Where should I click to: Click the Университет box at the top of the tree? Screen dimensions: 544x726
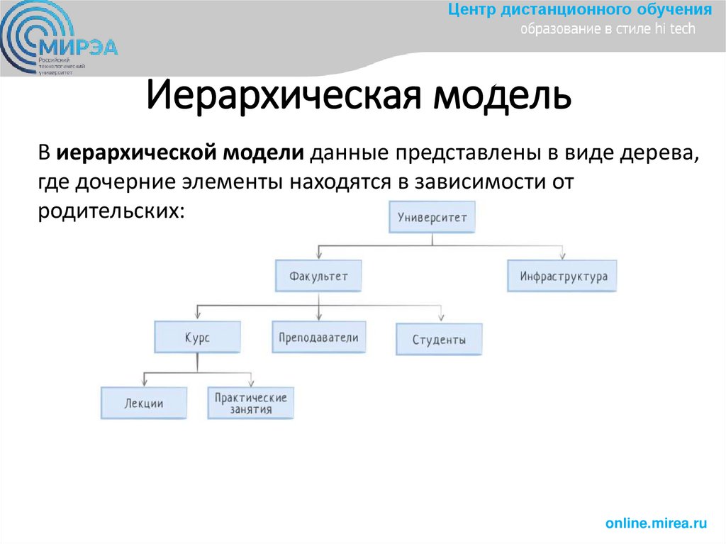click(x=432, y=218)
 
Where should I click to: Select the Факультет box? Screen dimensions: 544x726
click(x=318, y=276)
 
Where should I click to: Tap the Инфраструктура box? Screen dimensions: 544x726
click(x=562, y=277)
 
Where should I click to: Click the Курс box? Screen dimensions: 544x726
click(x=197, y=338)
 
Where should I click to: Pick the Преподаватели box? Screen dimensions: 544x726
click(x=318, y=338)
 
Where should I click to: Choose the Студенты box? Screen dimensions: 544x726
click(x=439, y=340)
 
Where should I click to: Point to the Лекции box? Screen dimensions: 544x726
click(x=144, y=404)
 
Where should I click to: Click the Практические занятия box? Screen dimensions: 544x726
click(x=250, y=403)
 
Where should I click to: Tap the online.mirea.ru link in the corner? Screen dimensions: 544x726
click(x=657, y=523)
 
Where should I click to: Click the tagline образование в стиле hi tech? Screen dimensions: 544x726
click(x=608, y=29)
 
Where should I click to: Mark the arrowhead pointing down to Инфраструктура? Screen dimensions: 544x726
click(x=562, y=255)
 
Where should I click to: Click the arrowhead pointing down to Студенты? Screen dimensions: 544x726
click(x=440, y=316)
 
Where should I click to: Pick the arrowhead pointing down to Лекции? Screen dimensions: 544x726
click(x=145, y=382)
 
